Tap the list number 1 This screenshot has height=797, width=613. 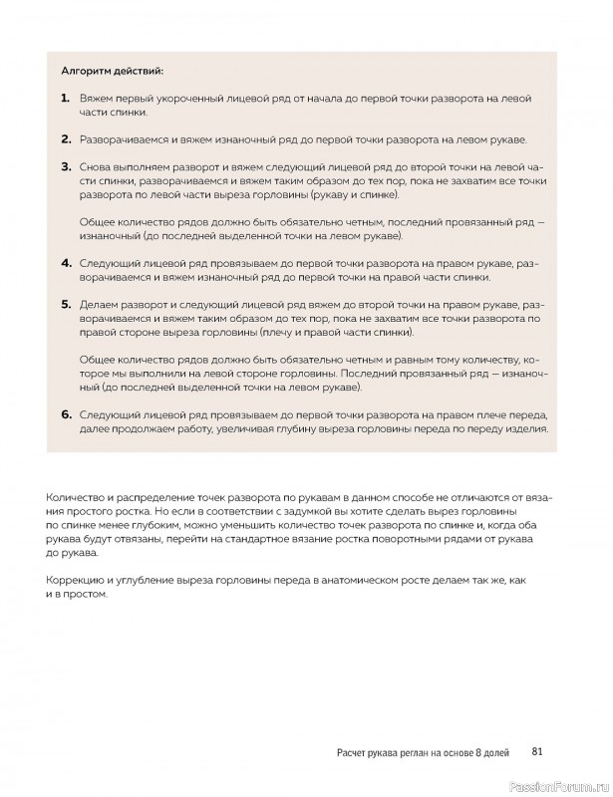click(x=65, y=98)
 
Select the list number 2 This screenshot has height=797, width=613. click(x=65, y=138)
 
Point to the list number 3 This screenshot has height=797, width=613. click(x=65, y=166)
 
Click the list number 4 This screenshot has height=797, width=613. click(x=65, y=262)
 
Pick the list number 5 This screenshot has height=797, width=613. click(x=65, y=303)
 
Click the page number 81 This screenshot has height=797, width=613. click(x=536, y=752)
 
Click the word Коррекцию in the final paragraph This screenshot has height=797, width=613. click(x=78, y=579)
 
